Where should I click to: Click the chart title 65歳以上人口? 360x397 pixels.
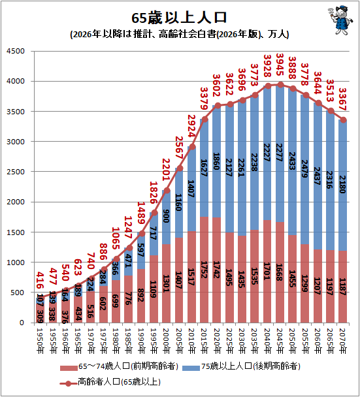pyautogui.click(x=179, y=18)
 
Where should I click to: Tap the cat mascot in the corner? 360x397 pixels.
pyautogui.click(x=340, y=20)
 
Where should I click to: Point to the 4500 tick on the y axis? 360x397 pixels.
pyautogui.click(x=16, y=51)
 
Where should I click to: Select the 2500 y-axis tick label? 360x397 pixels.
pyautogui.click(x=16, y=172)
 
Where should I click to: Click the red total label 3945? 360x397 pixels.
pyautogui.click(x=280, y=65)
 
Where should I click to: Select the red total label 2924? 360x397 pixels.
pyautogui.click(x=191, y=126)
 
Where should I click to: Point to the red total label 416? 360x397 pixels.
pyautogui.click(x=40, y=280)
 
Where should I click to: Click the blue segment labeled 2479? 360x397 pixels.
pyautogui.click(x=304, y=170)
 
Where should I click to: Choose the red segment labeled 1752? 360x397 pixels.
pyautogui.click(x=205, y=270)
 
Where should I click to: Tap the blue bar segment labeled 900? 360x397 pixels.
pyautogui.click(x=167, y=217)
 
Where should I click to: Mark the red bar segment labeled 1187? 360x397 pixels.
pyautogui.click(x=343, y=287)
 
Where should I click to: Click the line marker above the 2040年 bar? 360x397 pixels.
pyautogui.click(x=268, y=86)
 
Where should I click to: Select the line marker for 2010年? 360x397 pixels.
pyautogui.click(x=193, y=147)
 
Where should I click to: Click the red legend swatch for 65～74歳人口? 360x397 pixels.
pyautogui.click(x=69, y=368)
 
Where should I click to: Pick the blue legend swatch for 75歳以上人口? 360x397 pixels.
pyautogui.click(x=191, y=368)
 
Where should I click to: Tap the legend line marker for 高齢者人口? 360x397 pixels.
pyautogui.click(x=69, y=383)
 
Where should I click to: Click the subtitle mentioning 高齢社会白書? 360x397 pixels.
pyautogui.click(x=180, y=34)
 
